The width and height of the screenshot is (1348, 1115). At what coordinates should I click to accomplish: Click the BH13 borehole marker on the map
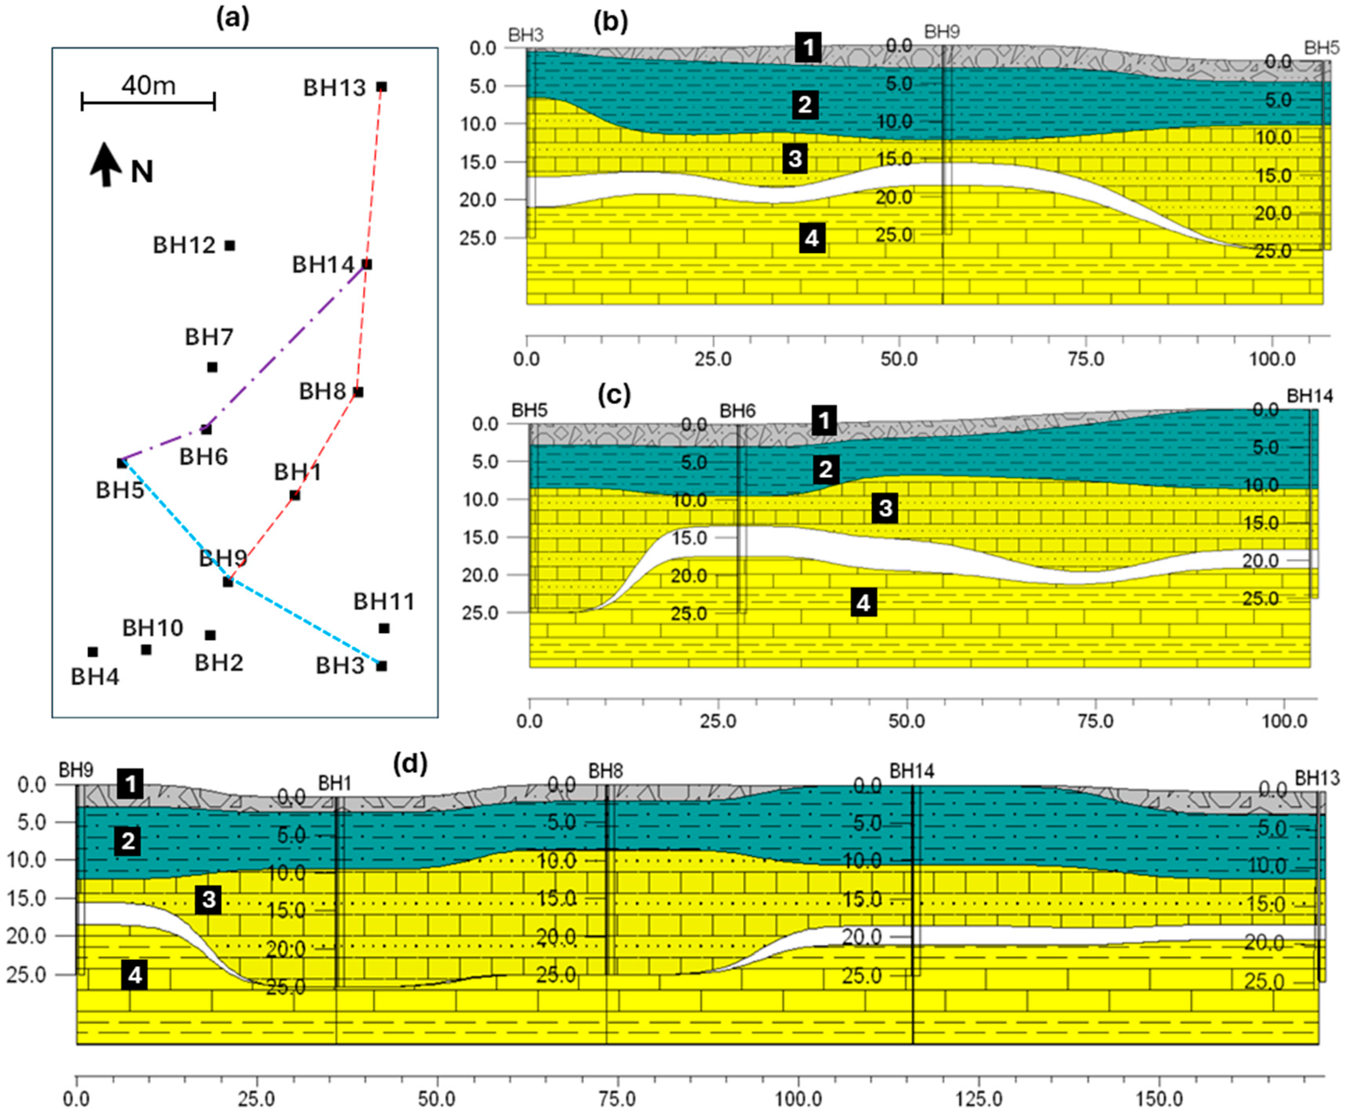381,87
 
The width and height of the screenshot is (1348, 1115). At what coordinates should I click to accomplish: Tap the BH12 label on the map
184,245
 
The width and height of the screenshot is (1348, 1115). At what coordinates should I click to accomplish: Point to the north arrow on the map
105,165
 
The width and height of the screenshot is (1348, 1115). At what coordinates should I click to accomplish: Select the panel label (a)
233,19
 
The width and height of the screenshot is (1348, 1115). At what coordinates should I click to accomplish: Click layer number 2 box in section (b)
805,104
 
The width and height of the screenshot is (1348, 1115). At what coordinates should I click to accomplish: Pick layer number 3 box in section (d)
209,900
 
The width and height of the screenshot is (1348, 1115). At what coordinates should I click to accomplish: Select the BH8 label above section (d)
606,770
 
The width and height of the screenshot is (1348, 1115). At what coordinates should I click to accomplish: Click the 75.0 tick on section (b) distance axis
1085,358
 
